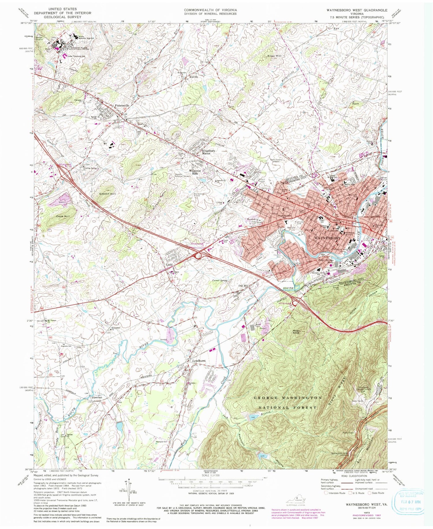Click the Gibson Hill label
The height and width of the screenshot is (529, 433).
pyautogui.click(x=107, y=194)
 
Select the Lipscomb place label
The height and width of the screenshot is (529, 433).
pyautogui.click(x=97, y=398)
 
